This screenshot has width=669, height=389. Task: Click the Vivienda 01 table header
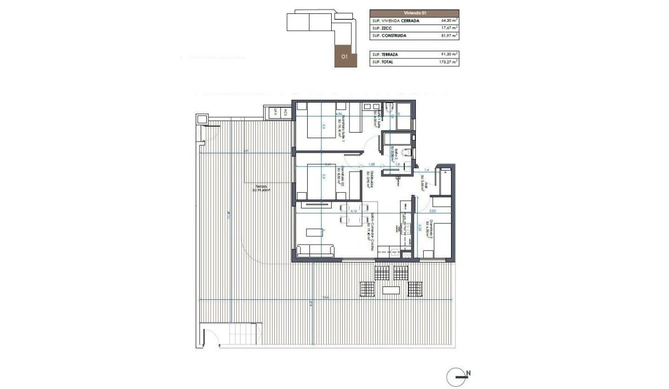pyautogui.click(x=414, y=12)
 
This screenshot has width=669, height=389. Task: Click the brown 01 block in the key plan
pyautogui.click(x=345, y=56)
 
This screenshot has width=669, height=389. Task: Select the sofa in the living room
pyautogui.click(x=316, y=250)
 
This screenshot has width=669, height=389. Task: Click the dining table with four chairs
pyautogui.click(x=352, y=221)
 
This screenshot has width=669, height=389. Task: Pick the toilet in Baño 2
pyautogui.click(x=409, y=153)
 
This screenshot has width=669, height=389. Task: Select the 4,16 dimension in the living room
pyautogui.click(x=352, y=211)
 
